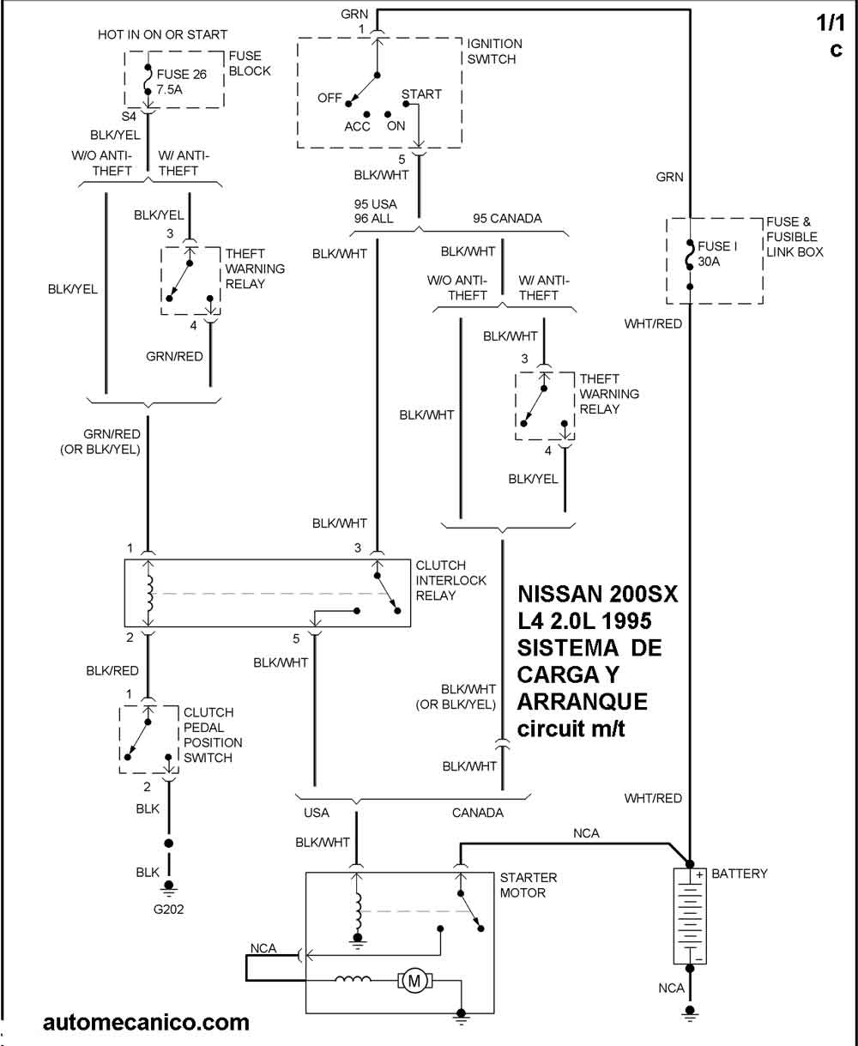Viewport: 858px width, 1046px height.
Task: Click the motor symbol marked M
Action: (x=415, y=980)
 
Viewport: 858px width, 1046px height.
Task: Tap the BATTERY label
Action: (x=740, y=874)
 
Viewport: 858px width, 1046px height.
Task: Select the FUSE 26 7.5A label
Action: (x=182, y=82)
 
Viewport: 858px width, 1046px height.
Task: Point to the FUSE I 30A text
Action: (x=716, y=254)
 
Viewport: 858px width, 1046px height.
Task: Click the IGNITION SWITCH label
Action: (x=493, y=51)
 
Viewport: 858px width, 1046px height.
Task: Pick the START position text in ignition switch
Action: (x=421, y=94)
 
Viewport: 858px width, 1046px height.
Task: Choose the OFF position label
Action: (x=329, y=98)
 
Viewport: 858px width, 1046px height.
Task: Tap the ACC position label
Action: (x=357, y=127)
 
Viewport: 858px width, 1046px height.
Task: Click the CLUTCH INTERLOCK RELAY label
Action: (x=450, y=580)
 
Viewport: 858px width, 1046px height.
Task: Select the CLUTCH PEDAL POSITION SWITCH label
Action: (x=213, y=735)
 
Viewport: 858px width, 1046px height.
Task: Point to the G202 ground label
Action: (x=168, y=910)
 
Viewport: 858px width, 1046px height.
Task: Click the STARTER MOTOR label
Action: (x=528, y=886)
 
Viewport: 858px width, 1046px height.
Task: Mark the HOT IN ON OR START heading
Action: (x=163, y=35)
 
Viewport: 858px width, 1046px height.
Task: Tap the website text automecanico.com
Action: (x=146, y=1022)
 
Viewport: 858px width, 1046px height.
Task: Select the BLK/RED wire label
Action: (x=112, y=671)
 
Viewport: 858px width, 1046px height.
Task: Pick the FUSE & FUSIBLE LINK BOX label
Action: (x=795, y=237)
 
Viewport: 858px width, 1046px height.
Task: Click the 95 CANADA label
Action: (x=507, y=218)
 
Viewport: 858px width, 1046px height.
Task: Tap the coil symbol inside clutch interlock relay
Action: (x=151, y=593)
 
